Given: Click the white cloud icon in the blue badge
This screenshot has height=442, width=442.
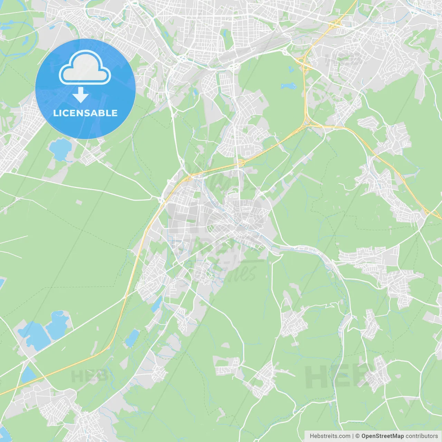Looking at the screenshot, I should pos(85,67).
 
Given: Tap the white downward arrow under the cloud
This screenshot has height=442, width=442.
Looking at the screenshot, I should pos(80,95).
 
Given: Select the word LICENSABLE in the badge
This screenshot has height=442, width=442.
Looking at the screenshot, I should pos(85,113).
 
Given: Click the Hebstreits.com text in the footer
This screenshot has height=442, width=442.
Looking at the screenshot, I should pos(330,436).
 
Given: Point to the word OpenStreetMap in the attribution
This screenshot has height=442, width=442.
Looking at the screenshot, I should pos(383,436).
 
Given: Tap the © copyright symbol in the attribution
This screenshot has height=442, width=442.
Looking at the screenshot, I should pos(357,436).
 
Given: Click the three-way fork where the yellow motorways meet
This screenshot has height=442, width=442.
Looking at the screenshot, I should pos(307,123).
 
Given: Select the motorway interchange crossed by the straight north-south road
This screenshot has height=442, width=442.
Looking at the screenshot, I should pos(239,162).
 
